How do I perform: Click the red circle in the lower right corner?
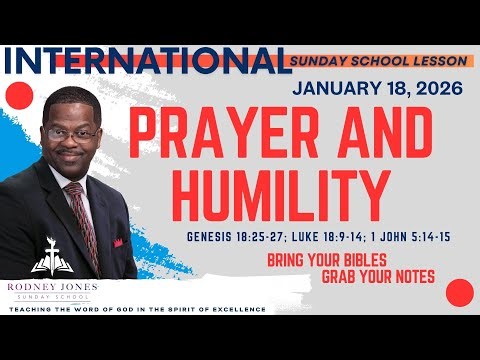pos(459,292)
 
